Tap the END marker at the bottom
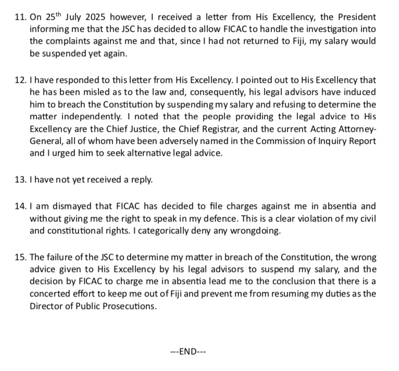point(189,351)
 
